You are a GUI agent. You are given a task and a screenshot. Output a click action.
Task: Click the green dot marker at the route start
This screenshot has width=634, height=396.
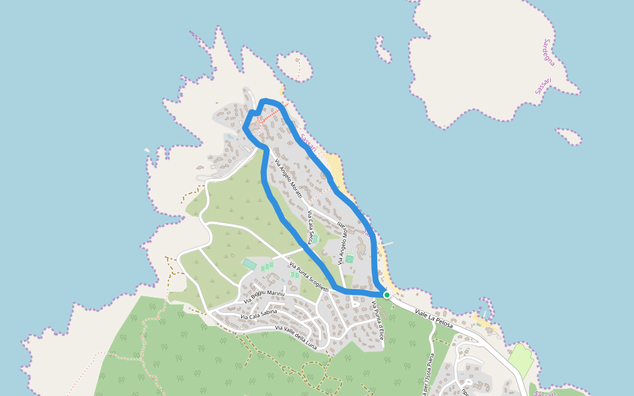point(386,295)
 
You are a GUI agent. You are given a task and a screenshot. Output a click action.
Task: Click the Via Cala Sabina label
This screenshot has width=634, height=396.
point(258,313)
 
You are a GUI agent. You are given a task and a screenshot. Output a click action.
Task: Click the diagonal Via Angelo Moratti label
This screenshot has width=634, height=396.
point(288,179)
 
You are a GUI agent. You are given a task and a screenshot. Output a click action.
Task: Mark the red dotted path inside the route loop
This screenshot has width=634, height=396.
point(268,117)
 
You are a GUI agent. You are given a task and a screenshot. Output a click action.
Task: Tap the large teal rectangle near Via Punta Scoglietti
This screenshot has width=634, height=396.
point(250,264)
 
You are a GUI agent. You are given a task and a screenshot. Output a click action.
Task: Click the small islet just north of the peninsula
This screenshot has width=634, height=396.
point(295,65)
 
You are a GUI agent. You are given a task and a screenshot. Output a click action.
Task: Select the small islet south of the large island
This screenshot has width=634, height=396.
point(569,136)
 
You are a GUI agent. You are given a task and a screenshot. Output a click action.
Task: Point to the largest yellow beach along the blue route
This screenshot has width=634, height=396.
point(334,168)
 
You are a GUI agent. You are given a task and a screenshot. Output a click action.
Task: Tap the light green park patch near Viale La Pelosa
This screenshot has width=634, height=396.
point(521,360)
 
